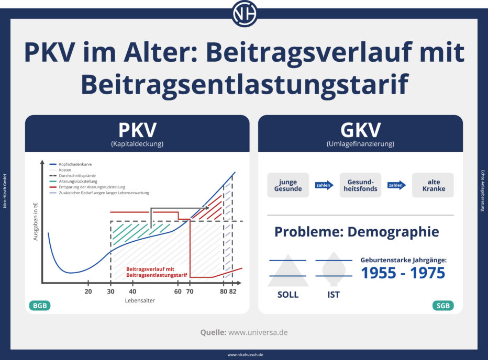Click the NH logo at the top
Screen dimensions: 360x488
244,14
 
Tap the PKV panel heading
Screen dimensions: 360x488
137,130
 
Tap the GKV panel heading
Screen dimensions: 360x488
360,130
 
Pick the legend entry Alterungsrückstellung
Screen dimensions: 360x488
79,182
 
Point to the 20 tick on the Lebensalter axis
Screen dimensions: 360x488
88,291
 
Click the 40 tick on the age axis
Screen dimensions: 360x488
132,291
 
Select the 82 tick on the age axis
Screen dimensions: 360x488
233,291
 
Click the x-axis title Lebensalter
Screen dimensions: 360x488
139,301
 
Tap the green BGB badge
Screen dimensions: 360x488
40,306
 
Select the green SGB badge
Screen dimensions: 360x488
443,306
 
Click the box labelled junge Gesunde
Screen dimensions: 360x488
287,185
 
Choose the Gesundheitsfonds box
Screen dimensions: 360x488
360,185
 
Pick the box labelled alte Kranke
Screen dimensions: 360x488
432,185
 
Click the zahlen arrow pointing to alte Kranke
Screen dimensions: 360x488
397,185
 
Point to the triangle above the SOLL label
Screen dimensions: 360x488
287,268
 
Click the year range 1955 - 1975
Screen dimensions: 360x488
403,273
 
